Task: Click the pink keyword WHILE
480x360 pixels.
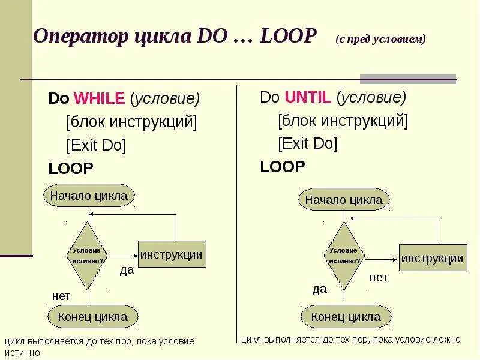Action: coord(99,98)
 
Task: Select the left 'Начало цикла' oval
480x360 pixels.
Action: coord(89,195)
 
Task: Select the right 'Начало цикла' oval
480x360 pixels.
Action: coord(344,199)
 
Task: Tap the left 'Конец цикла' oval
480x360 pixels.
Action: coord(92,317)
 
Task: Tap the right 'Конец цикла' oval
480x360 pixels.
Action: coord(346,317)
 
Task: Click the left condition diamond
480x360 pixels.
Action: coord(88,256)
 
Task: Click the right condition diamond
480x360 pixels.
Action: coord(344,256)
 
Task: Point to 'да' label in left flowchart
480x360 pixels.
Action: coord(127,270)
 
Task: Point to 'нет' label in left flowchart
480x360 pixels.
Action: coord(61,296)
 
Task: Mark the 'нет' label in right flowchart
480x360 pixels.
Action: coord(378,277)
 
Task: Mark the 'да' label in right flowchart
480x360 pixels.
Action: coord(319,289)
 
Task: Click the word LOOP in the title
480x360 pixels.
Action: coord(287,37)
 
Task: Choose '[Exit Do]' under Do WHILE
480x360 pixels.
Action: coord(96,145)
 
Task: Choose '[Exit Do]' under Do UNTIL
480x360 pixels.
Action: coord(307,143)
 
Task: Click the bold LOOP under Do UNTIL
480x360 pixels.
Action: coord(283,166)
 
